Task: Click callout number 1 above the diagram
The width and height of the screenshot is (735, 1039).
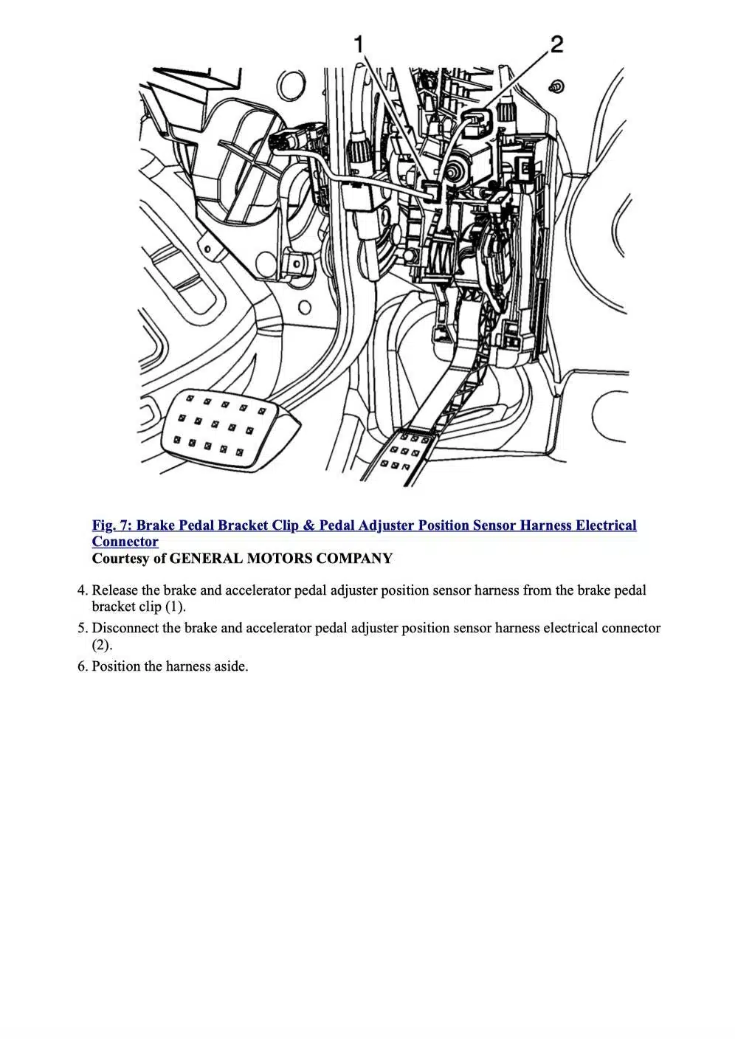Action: point(359,44)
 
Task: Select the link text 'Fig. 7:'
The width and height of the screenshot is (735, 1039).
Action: point(113,525)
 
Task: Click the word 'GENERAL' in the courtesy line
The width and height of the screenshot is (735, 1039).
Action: point(206,559)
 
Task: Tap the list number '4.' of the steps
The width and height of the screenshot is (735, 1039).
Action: point(83,590)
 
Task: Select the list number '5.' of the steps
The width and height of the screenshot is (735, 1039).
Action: point(83,629)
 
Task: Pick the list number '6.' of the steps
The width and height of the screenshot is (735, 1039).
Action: point(83,667)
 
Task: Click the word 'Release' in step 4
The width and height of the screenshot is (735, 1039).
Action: point(114,590)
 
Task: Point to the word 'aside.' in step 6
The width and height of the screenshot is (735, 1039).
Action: point(231,667)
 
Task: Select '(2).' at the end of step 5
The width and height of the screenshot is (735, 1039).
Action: point(102,646)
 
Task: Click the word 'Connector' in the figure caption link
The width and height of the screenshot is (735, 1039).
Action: point(125,542)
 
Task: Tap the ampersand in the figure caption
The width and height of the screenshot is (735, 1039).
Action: point(308,525)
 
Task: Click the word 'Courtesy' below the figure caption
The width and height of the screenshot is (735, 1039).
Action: point(121,559)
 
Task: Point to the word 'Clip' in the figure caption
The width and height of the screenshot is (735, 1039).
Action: point(285,525)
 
